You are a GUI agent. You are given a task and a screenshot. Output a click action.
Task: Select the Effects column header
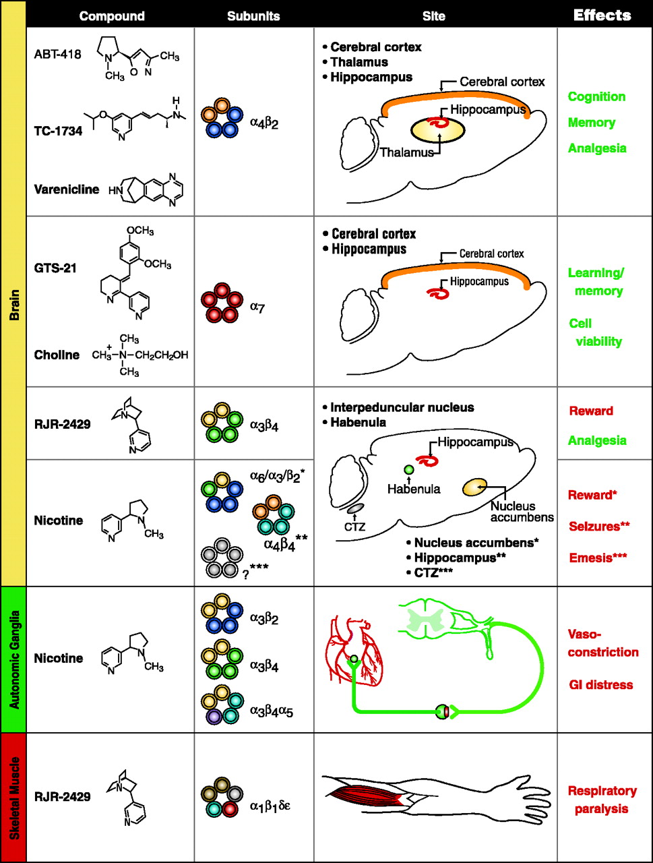[x=602, y=15]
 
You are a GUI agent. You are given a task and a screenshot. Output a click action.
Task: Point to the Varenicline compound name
[x=66, y=189]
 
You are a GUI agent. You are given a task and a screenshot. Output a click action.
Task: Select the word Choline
[x=57, y=355]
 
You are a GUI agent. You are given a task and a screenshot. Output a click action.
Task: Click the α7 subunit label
[x=256, y=307]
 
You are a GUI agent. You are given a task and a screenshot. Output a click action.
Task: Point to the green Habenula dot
[x=408, y=469]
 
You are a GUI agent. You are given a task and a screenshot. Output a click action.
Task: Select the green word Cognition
[x=596, y=97]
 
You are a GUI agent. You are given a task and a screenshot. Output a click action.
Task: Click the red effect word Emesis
[x=600, y=554]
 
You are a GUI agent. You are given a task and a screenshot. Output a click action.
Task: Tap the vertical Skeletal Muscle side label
[x=13, y=797]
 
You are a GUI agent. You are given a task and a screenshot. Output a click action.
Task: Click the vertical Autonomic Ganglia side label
[x=13, y=659]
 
